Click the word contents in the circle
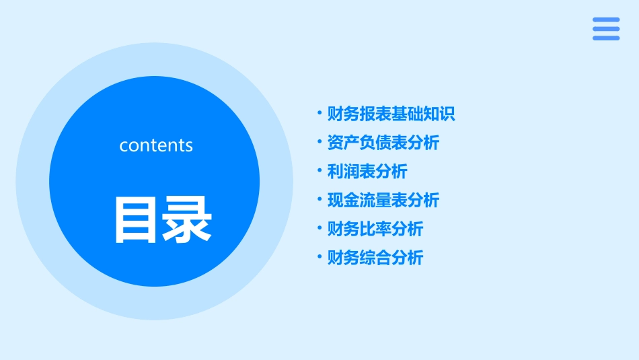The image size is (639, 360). pos(156,145)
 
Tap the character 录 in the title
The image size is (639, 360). pos(187,219)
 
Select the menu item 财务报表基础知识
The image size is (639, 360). pos(391,114)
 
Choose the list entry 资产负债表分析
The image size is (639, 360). pos(383,143)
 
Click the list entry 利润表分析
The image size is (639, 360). pos(367,172)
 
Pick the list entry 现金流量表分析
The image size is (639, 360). pos(383,200)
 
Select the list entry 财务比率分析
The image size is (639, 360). pos(375,229)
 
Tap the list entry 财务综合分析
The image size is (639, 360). pos(375,258)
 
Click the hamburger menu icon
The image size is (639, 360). pos(606,29)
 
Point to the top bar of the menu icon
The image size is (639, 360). pos(606,20)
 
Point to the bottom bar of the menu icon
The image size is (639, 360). pos(606,38)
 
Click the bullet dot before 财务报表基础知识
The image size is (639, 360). pos(319,114)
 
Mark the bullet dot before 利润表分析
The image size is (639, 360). pos(319,172)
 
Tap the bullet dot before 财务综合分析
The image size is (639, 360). pos(319,258)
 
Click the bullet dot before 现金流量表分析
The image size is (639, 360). pos(319,200)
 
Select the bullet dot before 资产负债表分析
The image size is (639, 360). pos(319,143)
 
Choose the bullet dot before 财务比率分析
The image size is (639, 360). pos(319,229)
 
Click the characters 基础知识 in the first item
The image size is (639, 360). pos(423,114)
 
